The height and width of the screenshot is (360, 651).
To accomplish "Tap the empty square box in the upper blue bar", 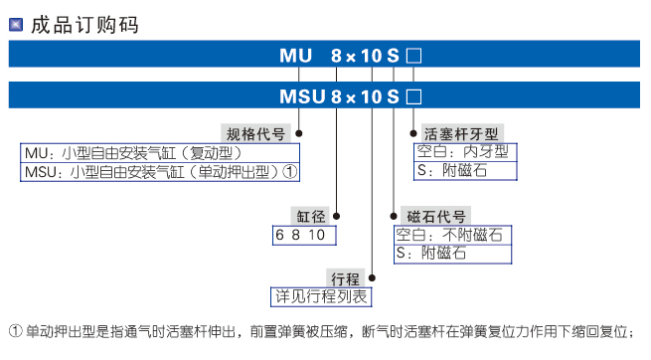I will coord(414,56).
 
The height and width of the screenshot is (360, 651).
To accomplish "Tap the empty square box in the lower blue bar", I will coord(414,96).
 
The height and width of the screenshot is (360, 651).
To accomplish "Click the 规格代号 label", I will coord(256,133).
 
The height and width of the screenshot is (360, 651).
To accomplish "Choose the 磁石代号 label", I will coord(434,216).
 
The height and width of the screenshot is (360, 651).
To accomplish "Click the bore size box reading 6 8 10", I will coord(304,235).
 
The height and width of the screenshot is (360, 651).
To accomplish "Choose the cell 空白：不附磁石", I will coord(452,235).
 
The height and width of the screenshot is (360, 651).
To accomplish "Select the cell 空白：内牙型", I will coord(465,153).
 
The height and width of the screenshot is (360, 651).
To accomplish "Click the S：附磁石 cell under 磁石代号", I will coord(452,254).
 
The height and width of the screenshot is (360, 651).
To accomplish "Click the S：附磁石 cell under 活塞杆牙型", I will coord(465,171).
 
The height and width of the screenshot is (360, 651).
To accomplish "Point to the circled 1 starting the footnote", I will coord(15,331).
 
